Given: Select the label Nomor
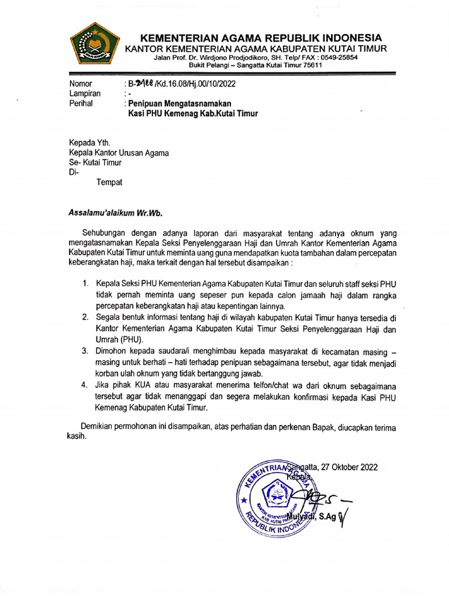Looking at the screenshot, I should [x=81, y=84].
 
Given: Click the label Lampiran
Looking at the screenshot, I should [x=85, y=93].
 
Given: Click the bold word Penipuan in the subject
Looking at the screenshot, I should [x=149, y=103].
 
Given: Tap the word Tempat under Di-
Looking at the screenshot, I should [x=109, y=182].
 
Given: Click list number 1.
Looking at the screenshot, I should [x=85, y=284].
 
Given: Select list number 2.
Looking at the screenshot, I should [x=85, y=317].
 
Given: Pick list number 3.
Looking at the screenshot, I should [x=85, y=351].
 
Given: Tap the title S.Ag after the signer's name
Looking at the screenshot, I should [x=327, y=517].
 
